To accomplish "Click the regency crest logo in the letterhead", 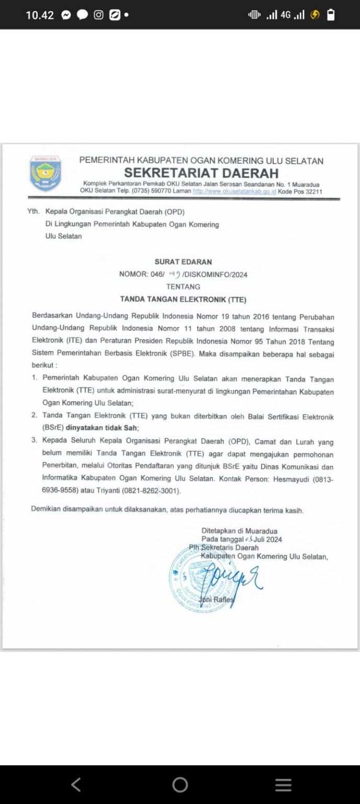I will pyautogui.click(x=45, y=173).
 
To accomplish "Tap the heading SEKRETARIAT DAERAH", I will pyautogui.click(x=201, y=173).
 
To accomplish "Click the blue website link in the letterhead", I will pyautogui.click(x=234, y=192).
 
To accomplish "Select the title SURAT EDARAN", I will pyautogui.click(x=183, y=262).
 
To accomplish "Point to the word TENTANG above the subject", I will pyautogui.click(x=183, y=287).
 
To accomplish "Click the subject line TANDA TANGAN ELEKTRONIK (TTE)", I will pyautogui.click(x=183, y=300).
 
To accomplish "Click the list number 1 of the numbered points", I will pyautogui.click(x=35, y=378).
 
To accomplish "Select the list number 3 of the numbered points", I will pyautogui.click(x=35, y=441).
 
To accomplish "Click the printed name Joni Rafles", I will pyautogui.click(x=217, y=599).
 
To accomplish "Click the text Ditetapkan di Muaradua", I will pyautogui.click(x=239, y=531).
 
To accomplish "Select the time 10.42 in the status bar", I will pyautogui.click(x=40, y=15).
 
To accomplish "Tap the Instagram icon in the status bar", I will pyautogui.click(x=98, y=15).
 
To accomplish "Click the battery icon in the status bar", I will pyautogui.click(x=331, y=15).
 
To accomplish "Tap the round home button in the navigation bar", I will pyautogui.click(x=180, y=784).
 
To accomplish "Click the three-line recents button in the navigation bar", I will pyautogui.click(x=283, y=784).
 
